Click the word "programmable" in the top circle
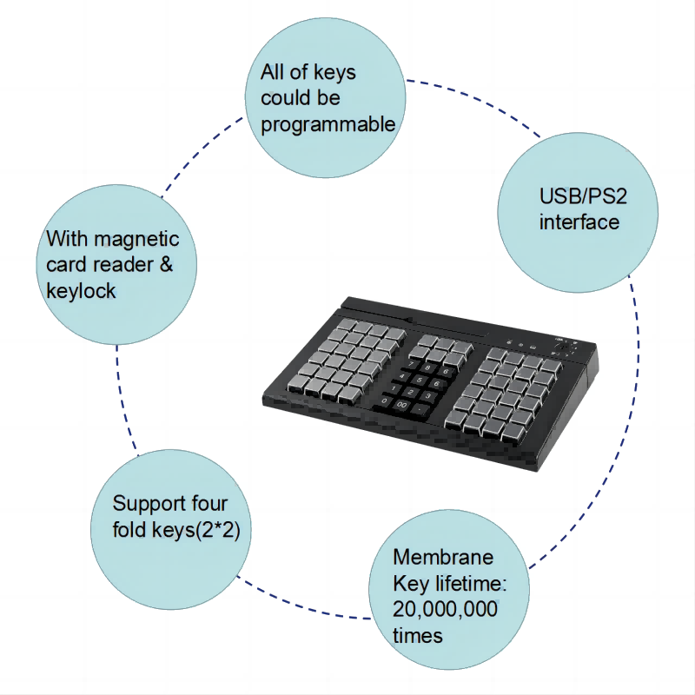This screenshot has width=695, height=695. point(328,124)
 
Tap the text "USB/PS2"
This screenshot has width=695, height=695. point(583,196)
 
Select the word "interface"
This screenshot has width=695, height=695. point(579,222)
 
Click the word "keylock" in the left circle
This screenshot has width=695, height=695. point(81,291)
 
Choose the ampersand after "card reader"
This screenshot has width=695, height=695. point(166,265)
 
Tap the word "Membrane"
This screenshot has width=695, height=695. point(443,557)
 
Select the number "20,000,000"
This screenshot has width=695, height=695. point(445,610)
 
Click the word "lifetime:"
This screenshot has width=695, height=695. point(471,583)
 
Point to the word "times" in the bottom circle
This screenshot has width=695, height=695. point(418,636)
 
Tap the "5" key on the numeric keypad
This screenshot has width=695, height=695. point(420,381)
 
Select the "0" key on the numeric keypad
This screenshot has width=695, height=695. point(385,400)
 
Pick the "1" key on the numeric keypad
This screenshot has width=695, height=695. point(394,388)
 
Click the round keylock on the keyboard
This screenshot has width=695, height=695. point(562,347)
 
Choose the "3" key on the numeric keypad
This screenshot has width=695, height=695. point(428,396)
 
